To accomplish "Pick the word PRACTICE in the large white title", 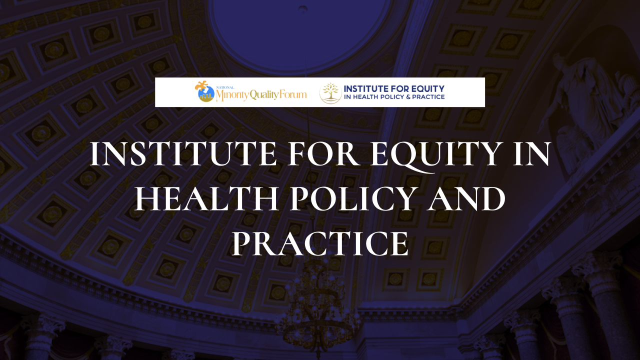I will click(x=320, y=243).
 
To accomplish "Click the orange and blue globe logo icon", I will click(x=204, y=91).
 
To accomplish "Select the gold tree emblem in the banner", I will click(x=330, y=93).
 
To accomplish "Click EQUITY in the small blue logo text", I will click(x=427, y=88).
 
